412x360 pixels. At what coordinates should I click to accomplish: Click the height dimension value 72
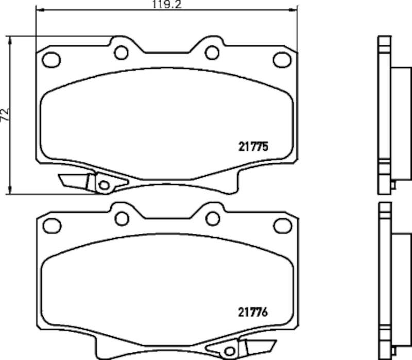tap(5, 115)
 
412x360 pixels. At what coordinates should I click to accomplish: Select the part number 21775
tap(253, 147)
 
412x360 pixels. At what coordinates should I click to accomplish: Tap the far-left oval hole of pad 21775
tap(51, 59)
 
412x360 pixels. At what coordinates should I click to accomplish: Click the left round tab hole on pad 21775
tap(122, 52)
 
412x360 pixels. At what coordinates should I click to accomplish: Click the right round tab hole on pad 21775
tap(212, 52)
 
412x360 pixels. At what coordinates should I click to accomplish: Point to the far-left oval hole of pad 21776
tap(51, 224)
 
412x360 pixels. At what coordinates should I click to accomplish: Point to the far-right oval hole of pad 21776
tap(282, 225)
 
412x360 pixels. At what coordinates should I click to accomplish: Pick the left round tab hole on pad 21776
tap(122, 217)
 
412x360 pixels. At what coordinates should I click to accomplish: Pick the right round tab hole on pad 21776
tap(212, 217)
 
